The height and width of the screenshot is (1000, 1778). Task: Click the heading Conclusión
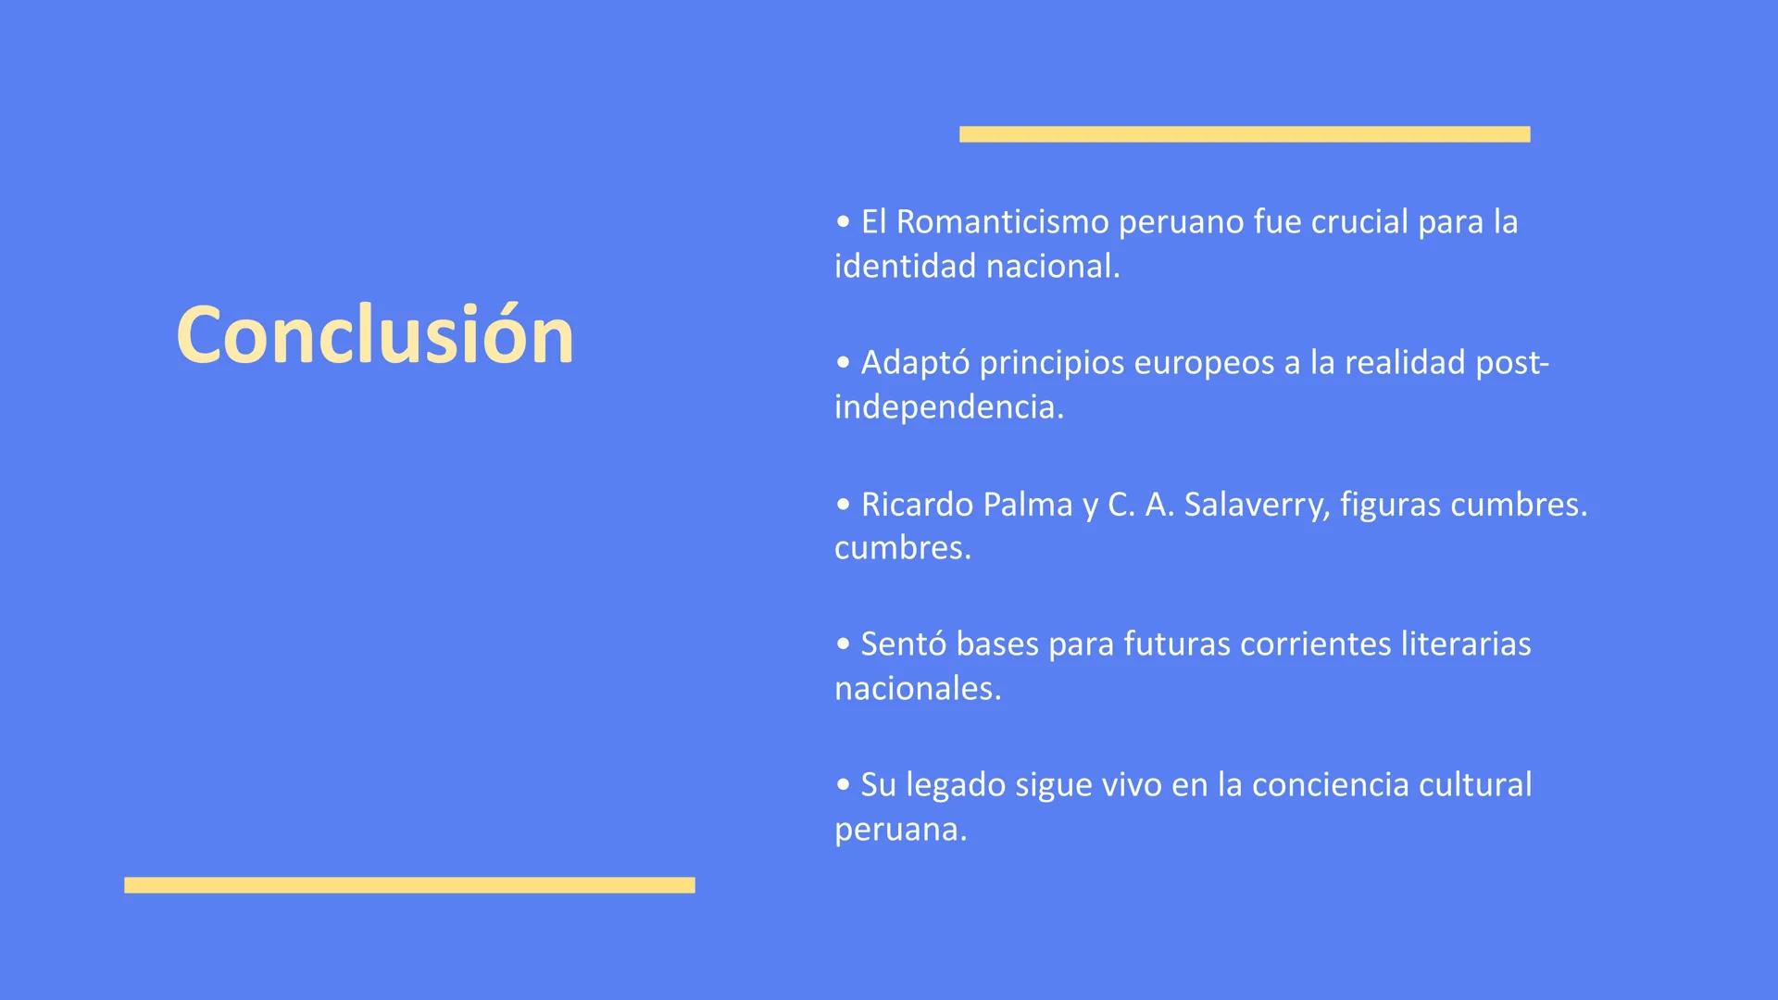tap(375, 335)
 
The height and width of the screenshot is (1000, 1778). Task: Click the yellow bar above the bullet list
tap(1245, 134)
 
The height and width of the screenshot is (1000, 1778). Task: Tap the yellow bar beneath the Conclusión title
tap(409, 885)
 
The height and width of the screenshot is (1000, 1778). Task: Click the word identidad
tap(905, 267)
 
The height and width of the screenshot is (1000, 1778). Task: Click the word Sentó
tap(903, 644)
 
